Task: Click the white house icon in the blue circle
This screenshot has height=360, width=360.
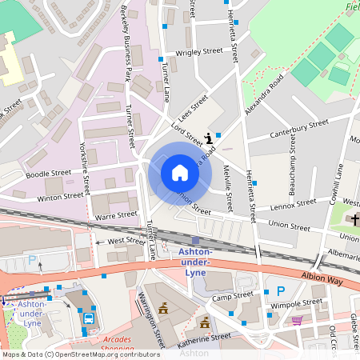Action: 179,172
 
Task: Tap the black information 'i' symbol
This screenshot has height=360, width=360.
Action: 209,138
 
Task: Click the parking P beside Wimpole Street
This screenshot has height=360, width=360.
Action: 281,292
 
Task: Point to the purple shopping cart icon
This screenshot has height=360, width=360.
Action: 298,320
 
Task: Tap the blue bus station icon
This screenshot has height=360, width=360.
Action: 88,318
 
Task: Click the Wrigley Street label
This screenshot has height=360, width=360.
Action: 198,51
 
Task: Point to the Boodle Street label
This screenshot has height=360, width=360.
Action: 48,173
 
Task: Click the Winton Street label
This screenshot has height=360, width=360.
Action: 60,194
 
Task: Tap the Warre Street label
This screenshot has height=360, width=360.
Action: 117,215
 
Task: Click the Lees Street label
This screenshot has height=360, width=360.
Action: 192,106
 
